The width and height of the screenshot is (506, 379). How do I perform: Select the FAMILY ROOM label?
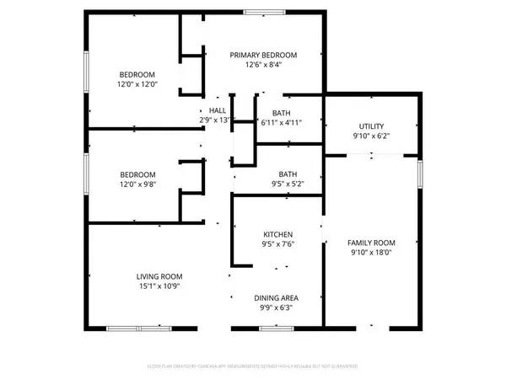pyautogui.click(x=372, y=242)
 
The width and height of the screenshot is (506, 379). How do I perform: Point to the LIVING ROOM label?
pyautogui.click(x=159, y=276)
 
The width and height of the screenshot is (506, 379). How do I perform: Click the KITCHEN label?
pyautogui.click(x=277, y=234)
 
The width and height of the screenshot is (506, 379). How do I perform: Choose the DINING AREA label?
pyautogui.click(x=277, y=297)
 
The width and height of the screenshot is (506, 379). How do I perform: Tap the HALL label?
pyautogui.click(x=218, y=110)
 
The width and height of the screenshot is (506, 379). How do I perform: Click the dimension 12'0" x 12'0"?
pyautogui.click(x=137, y=85)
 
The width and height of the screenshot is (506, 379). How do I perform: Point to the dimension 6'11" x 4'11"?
pyautogui.click(x=281, y=123)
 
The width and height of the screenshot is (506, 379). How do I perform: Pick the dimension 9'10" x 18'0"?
pyautogui.click(x=372, y=252)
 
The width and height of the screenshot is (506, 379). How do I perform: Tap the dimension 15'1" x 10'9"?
pyautogui.click(x=159, y=286)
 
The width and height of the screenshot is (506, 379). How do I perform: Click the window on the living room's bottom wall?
pyautogui.click(x=141, y=327)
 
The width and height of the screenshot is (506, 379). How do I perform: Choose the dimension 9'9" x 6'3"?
pyautogui.click(x=277, y=308)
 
